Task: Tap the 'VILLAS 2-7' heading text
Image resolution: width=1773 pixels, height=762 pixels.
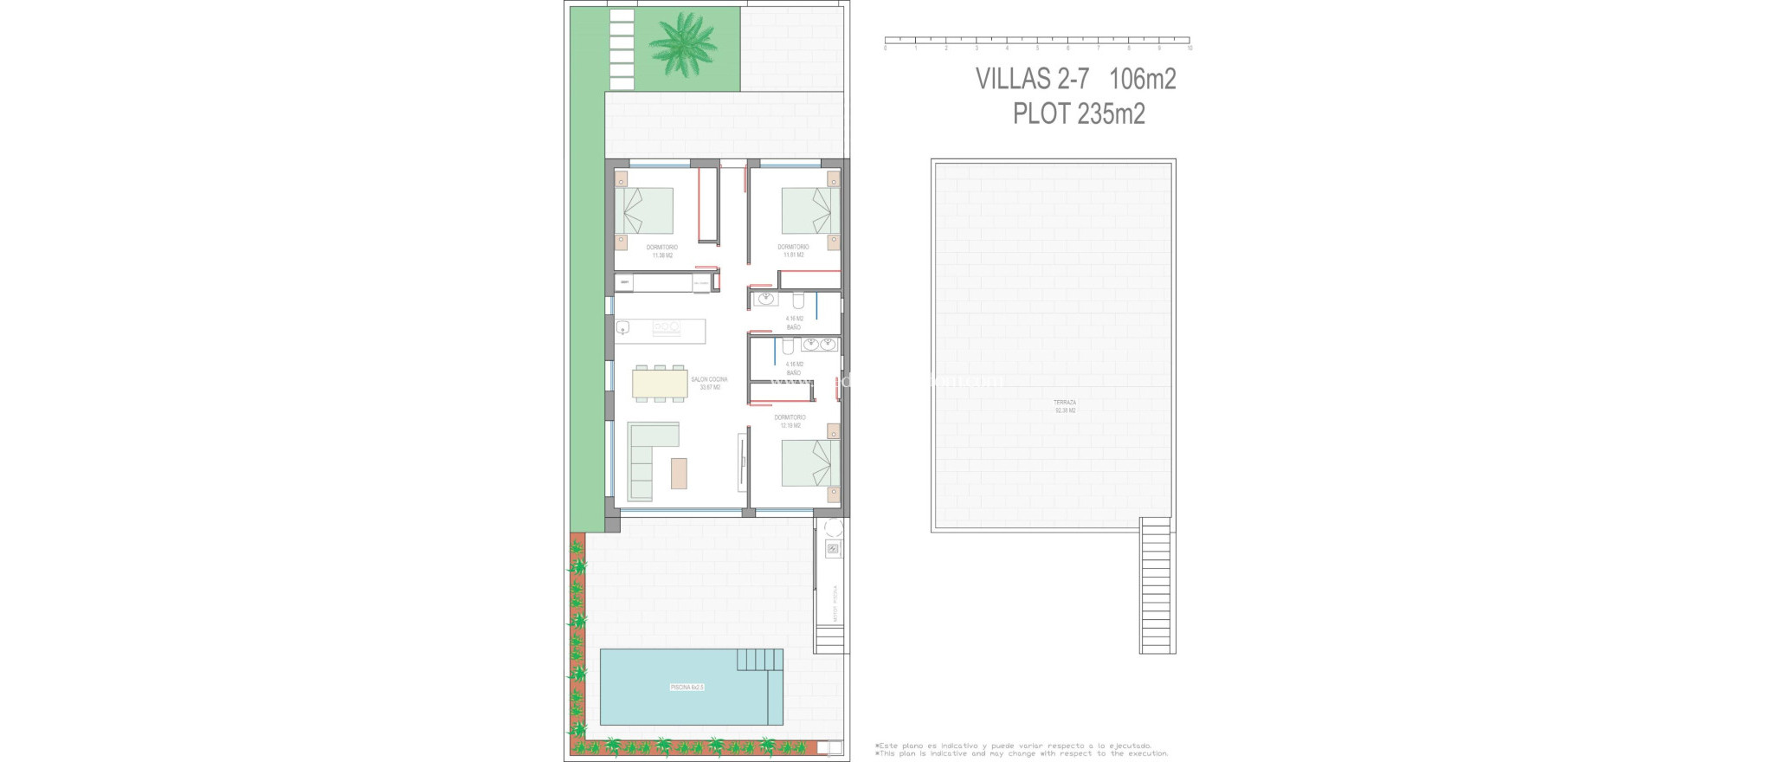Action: click(1032, 79)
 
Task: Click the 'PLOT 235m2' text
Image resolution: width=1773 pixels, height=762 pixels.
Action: click(1079, 113)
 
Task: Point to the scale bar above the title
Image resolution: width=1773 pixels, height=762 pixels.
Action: click(1036, 40)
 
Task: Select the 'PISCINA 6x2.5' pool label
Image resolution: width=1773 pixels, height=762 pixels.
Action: click(687, 687)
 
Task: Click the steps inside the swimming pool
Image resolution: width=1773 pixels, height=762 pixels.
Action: click(760, 660)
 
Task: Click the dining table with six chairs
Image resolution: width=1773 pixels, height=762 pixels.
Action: click(661, 383)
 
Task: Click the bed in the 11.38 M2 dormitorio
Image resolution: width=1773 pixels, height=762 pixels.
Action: click(645, 210)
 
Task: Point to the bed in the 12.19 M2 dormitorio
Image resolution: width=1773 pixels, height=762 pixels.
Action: click(809, 462)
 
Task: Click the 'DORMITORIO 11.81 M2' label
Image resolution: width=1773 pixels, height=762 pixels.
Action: click(793, 251)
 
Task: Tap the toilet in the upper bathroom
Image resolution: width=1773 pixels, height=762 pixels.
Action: click(798, 300)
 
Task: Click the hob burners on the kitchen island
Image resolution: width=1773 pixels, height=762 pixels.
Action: click(666, 326)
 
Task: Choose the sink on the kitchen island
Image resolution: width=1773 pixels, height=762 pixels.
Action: click(623, 327)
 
